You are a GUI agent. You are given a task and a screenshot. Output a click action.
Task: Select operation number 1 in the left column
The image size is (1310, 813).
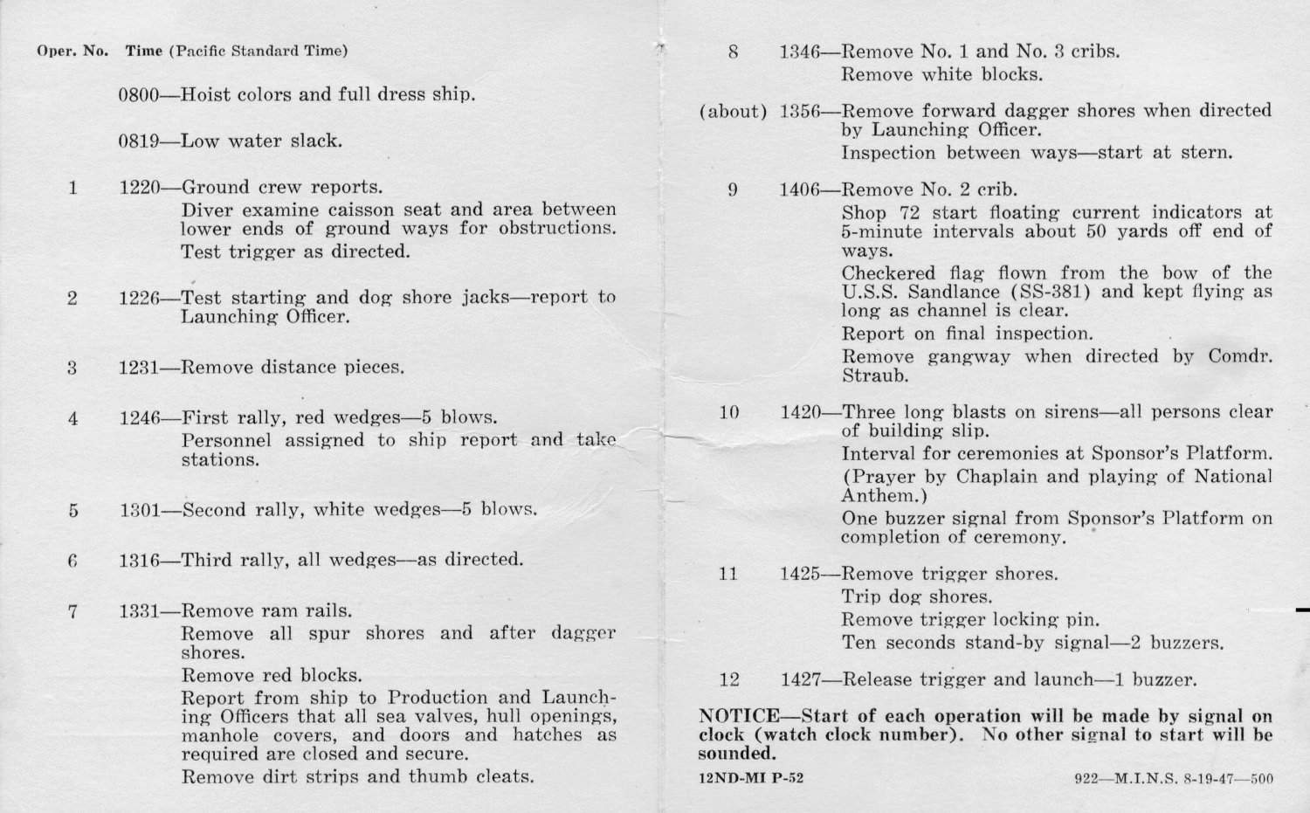72,187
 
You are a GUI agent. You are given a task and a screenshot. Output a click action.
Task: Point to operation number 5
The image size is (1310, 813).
72,511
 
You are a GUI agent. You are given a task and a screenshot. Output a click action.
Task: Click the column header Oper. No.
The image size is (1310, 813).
72,51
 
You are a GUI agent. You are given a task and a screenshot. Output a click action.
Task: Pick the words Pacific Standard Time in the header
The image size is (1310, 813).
258,51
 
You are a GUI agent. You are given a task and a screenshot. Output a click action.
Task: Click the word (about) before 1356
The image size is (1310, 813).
733,112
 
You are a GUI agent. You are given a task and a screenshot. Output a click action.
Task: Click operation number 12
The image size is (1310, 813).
729,679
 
